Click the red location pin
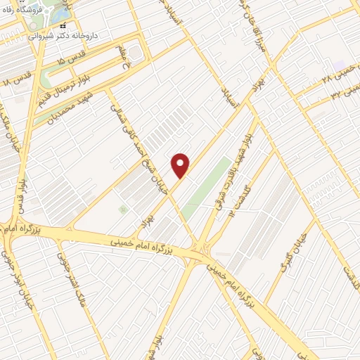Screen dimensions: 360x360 tap(181, 165)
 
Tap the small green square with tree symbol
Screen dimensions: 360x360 tap(124, 209)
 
